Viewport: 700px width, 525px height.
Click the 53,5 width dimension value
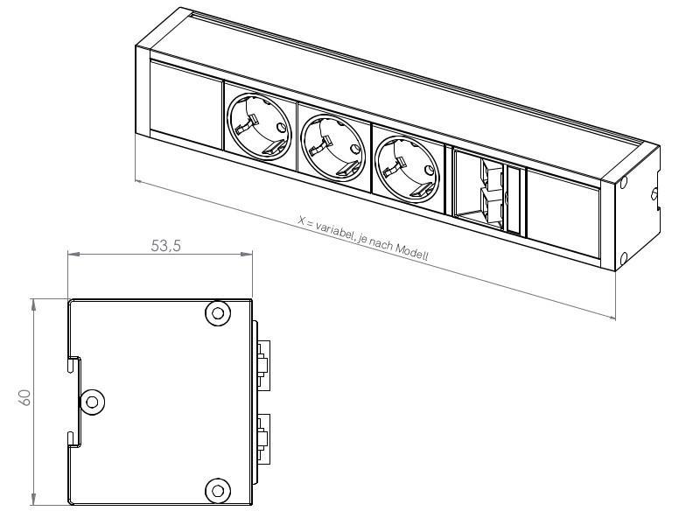(x=165, y=246)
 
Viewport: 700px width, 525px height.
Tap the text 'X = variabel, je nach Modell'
(x=363, y=236)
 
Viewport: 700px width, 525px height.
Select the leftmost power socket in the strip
(x=259, y=129)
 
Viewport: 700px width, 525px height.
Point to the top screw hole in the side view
(x=216, y=312)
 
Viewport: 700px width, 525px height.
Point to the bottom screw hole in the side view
(x=216, y=490)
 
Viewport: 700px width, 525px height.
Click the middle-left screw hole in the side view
(x=91, y=402)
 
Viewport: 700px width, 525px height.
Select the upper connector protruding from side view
(x=262, y=361)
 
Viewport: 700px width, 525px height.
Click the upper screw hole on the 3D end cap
(x=624, y=184)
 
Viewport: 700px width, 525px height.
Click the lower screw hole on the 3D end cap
(x=623, y=258)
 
